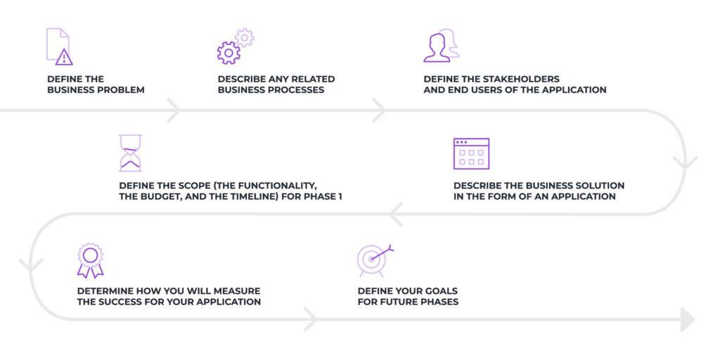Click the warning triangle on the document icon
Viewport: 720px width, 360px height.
pyautogui.click(x=64, y=58)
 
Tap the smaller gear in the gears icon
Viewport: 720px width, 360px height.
pyautogui.click(x=244, y=37)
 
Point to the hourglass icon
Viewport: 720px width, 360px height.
pyautogui.click(x=130, y=153)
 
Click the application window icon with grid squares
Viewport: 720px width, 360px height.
pyautogui.click(x=471, y=153)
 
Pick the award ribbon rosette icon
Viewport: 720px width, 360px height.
pyautogui.click(x=89, y=260)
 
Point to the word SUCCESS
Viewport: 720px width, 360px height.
pyautogui.click(x=124, y=302)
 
